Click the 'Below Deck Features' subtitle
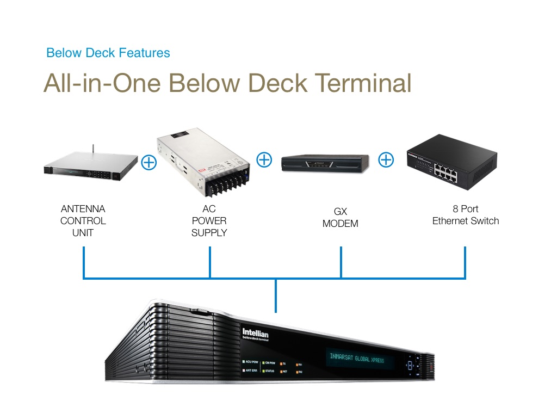[108, 53]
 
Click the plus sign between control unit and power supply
[148, 162]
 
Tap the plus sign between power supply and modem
[264, 159]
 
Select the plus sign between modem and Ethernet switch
[386, 159]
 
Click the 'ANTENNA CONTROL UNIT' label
[83, 221]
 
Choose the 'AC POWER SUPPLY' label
[209, 221]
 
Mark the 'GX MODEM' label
[341, 218]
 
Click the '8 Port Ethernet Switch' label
[465, 215]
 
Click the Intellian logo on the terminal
[255, 334]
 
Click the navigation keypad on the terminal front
[409, 366]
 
